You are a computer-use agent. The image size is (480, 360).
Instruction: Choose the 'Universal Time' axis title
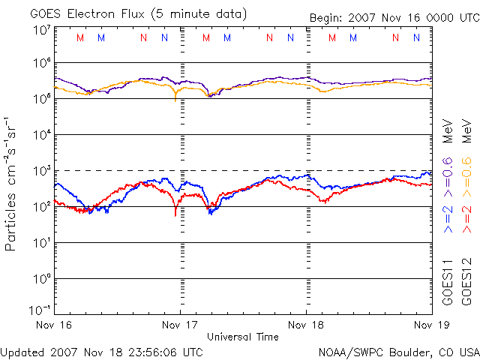coord(243,337)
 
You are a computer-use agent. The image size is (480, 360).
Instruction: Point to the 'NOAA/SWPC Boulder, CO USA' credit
coord(398,351)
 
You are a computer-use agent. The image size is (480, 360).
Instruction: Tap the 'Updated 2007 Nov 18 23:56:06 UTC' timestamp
coord(102,351)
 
